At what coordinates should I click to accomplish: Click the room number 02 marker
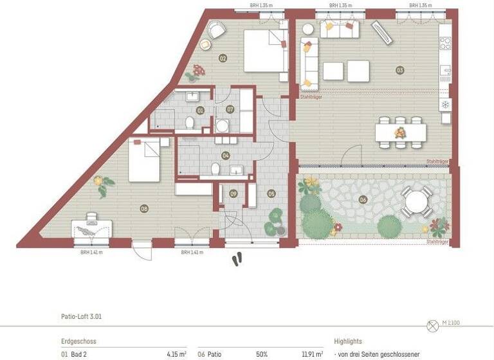click(223, 59)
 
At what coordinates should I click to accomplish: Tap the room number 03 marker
click(400, 69)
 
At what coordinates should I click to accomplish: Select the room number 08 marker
click(144, 207)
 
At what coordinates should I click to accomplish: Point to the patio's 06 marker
click(363, 200)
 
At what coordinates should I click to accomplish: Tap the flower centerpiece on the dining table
click(400, 132)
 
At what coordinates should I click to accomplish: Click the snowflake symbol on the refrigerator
click(445, 104)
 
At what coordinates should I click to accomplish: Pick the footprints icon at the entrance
click(238, 258)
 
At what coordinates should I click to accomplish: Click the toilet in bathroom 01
click(190, 122)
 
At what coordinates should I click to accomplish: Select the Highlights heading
click(348, 341)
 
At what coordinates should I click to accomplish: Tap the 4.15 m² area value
click(177, 354)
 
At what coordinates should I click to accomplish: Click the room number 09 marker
click(233, 194)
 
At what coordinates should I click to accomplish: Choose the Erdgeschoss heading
click(78, 341)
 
